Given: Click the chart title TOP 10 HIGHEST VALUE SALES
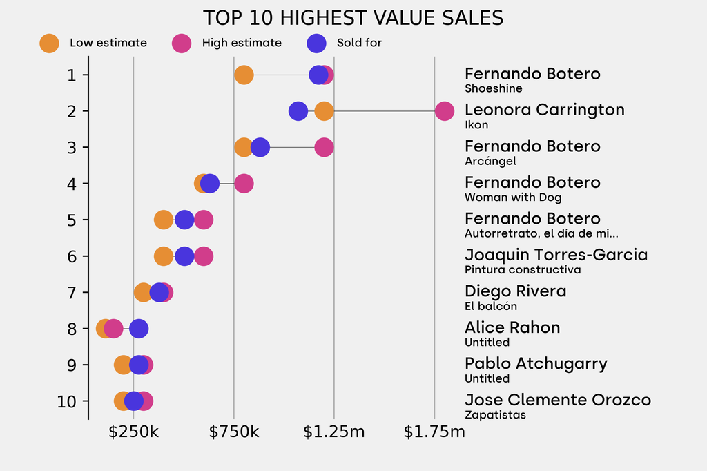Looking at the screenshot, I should point(353,18).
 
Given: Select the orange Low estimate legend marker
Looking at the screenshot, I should point(50,43).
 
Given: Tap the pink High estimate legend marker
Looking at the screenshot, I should point(182,43).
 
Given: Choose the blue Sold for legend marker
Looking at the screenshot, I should point(316,43).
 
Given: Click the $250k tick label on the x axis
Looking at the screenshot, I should point(134,433).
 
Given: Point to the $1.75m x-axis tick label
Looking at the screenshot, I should point(434,433).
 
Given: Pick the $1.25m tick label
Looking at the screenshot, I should point(334,433).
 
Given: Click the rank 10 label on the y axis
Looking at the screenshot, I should point(67,401).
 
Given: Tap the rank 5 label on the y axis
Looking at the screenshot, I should point(72,220).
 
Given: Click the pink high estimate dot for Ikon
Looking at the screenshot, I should point(445,110).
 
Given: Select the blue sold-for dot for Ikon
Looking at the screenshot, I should point(298,110).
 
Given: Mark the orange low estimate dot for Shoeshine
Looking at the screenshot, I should point(244,75).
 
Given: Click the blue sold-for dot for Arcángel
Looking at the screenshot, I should point(260,147).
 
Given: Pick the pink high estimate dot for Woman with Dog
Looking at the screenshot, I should point(244,184).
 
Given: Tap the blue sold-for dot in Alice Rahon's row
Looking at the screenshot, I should point(139,329).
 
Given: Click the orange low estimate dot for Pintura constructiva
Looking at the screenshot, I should point(164,256).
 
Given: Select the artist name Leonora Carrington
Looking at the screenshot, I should point(544,110).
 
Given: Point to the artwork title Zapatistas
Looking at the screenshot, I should point(495,415).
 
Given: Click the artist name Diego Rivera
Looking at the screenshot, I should point(515,291).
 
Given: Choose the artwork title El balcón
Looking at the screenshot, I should point(490,306).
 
